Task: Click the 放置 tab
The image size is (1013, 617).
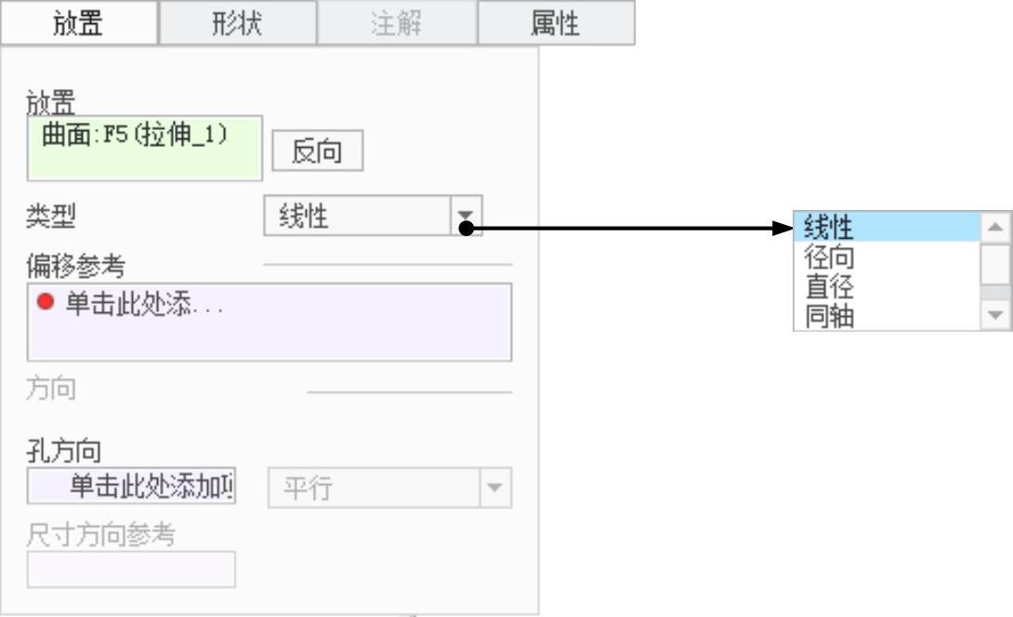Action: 79,23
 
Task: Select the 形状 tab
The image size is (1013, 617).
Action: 238,23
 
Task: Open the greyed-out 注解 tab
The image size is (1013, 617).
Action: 397,23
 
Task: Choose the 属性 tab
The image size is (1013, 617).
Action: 556,23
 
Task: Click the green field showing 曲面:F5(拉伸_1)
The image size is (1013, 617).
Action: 145,148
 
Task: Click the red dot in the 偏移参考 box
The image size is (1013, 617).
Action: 46,302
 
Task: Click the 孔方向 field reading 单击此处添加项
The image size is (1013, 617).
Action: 132,487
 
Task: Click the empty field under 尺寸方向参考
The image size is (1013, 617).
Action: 131,570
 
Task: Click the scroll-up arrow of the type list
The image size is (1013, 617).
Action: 996,226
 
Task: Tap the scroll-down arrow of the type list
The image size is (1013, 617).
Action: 996,316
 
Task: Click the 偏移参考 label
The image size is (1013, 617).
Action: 75,266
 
